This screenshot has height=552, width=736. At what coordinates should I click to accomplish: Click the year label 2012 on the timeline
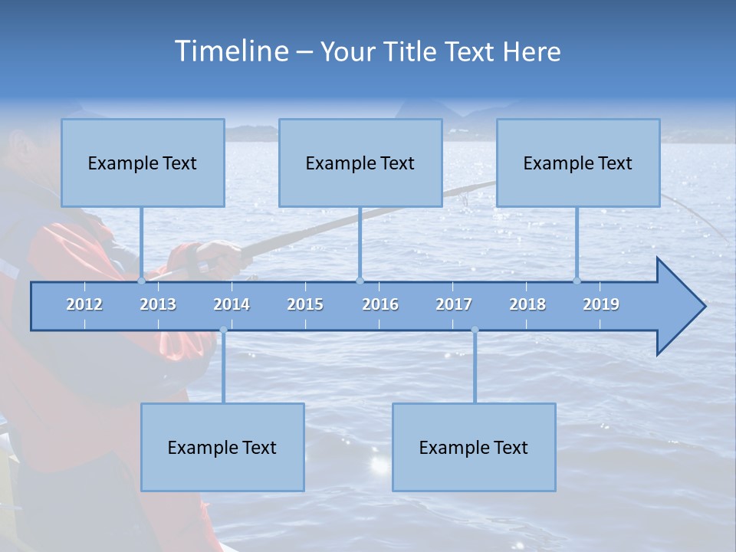(84, 304)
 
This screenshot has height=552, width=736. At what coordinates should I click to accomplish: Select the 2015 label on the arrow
(305, 304)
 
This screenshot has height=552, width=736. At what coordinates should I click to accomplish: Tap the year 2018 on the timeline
(527, 304)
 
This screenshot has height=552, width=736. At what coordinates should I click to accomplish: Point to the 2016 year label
(380, 304)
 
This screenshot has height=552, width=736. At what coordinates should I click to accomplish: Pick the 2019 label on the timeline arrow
(601, 304)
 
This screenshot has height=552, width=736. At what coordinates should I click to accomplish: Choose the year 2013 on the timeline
(158, 304)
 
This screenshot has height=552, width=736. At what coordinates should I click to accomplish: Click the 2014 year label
(232, 304)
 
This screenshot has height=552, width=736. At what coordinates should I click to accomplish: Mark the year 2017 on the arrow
(454, 304)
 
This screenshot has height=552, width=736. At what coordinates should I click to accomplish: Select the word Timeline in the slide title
(231, 51)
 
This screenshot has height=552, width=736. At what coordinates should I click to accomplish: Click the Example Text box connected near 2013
(143, 163)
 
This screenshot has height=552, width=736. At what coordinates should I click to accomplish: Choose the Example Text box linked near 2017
(474, 447)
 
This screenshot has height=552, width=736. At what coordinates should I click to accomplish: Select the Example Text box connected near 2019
(578, 163)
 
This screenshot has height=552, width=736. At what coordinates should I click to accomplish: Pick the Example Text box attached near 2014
(222, 447)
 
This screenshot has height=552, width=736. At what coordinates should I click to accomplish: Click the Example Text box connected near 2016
(360, 163)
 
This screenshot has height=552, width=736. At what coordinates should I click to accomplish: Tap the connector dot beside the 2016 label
(360, 281)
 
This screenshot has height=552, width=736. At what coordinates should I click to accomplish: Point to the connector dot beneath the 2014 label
(223, 330)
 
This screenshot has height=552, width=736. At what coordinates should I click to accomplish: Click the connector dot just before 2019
(577, 281)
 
